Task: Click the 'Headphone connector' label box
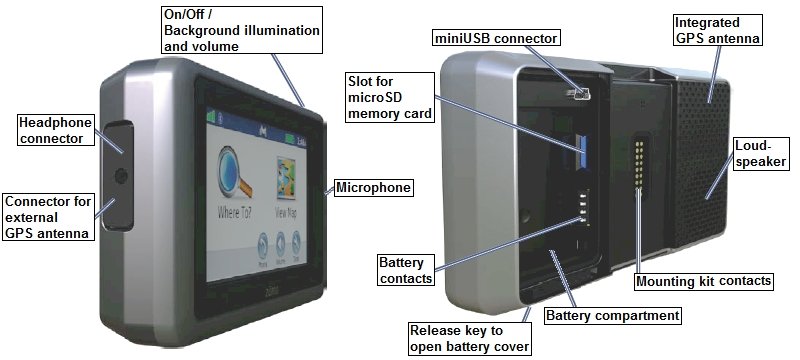click(56, 130)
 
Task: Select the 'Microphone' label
click(373, 188)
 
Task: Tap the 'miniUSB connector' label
click(495, 38)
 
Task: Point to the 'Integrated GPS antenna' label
click(717, 30)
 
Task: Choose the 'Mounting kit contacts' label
click(703, 281)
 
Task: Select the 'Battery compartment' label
click(613, 316)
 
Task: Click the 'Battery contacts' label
click(406, 270)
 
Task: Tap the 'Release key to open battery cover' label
click(469, 339)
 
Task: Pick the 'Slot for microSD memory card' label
click(390, 97)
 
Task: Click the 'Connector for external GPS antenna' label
click(48, 217)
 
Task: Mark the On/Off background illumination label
click(242, 30)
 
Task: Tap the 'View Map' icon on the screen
click(286, 178)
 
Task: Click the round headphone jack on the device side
click(121, 176)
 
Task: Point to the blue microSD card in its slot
click(583, 151)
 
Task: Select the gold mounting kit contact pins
click(638, 163)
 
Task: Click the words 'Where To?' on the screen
click(234, 212)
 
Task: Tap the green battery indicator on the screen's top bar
click(290, 139)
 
